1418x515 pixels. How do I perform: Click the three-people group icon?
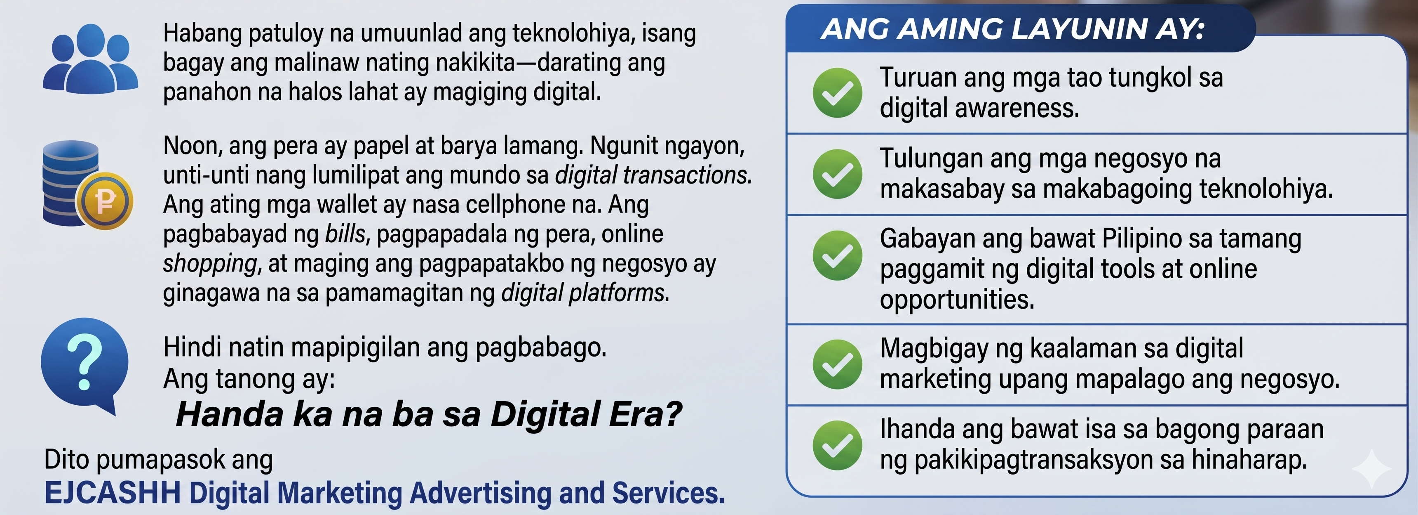click(x=90, y=59)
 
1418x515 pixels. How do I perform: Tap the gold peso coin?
click(x=105, y=201)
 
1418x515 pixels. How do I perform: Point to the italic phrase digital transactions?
click(x=653, y=175)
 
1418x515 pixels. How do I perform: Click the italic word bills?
click(x=345, y=234)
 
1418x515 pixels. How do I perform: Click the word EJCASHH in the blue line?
click(x=113, y=492)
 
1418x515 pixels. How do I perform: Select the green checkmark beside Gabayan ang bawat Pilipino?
click(x=837, y=255)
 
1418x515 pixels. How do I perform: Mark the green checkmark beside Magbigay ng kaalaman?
click(x=837, y=364)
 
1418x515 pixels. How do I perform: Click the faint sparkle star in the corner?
click(x=1372, y=468)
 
